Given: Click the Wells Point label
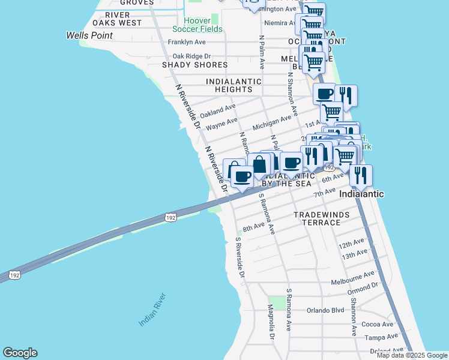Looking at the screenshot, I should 89,35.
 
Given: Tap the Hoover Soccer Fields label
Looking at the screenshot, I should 197,25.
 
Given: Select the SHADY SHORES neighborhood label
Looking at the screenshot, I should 195,65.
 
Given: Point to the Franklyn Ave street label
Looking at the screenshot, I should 187,42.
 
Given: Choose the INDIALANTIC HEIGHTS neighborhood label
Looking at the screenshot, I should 234,85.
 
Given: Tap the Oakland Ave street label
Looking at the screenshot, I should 218,111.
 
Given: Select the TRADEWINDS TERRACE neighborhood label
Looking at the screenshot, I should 317,218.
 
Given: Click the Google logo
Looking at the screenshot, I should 20,353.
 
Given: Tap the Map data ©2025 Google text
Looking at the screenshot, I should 412,355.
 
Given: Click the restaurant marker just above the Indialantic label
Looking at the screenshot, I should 361,175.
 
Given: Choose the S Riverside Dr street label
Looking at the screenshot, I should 241,257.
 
